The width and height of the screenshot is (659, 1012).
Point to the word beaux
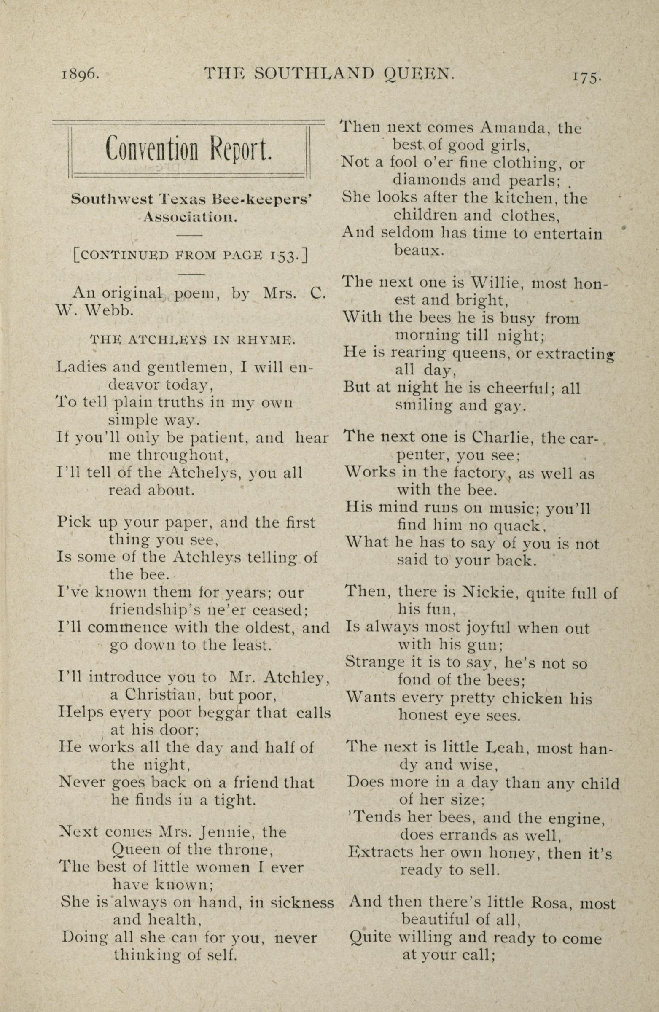[419, 250]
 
